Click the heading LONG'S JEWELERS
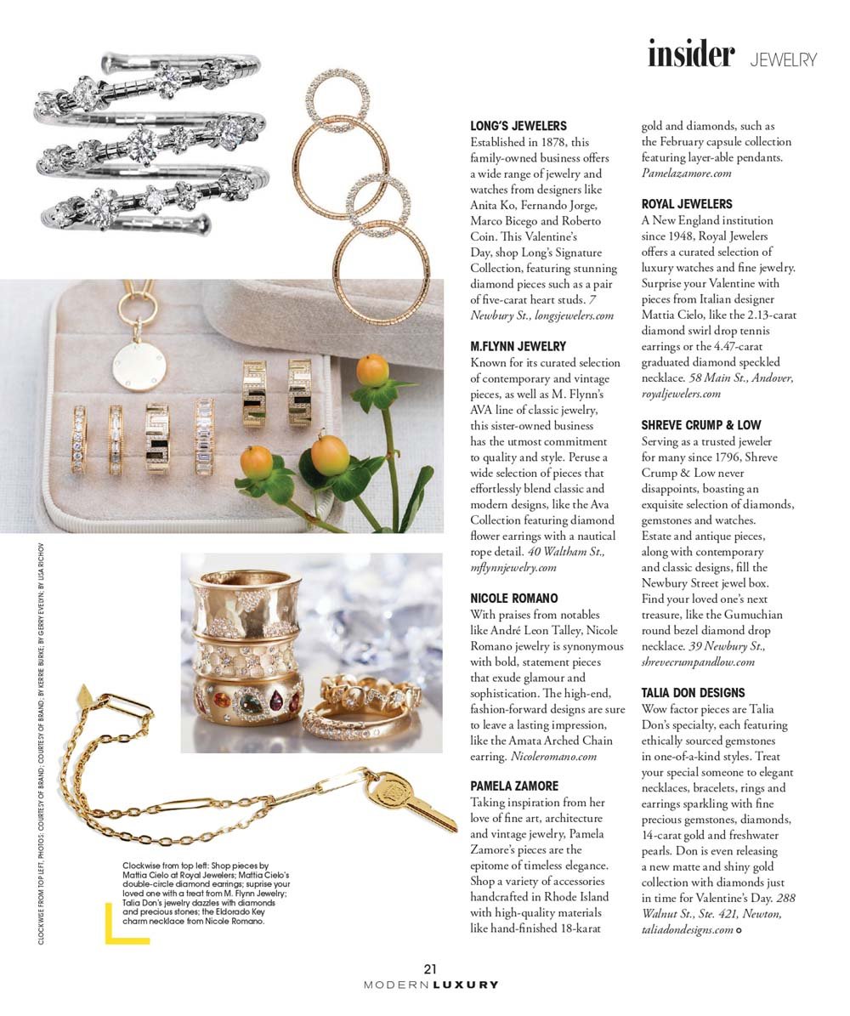click(518, 126)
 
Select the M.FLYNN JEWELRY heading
click(518, 346)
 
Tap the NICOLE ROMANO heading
click(514, 599)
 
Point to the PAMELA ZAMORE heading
click(514, 786)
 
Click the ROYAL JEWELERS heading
click(686, 204)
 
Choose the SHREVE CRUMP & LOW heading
click(701, 425)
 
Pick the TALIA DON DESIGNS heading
click(693, 693)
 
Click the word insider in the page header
click(690, 54)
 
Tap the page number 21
click(430, 968)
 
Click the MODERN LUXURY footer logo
click(430, 985)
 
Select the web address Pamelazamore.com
click(686, 173)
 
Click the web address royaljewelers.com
click(681, 394)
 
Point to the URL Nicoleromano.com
click(553, 756)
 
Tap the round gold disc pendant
click(139, 363)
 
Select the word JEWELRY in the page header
click(783, 60)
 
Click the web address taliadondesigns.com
click(687, 930)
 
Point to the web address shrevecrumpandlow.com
click(698, 661)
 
